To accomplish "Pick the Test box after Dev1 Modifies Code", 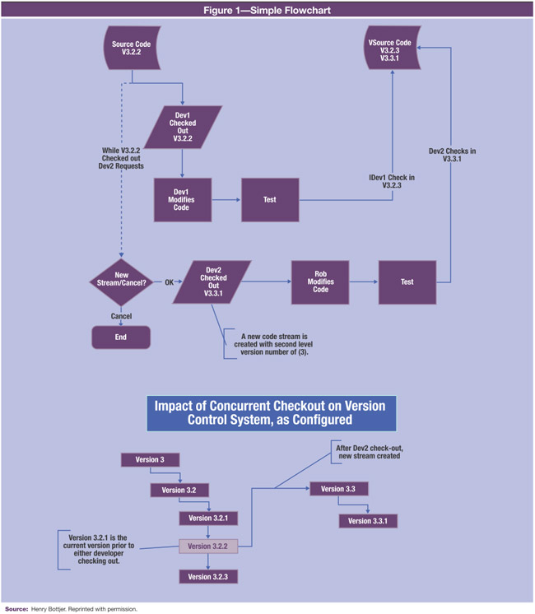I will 270,200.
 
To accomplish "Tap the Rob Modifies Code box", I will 320,283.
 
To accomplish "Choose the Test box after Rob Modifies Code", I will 407,282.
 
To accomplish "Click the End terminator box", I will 121,337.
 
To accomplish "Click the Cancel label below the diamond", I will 121,316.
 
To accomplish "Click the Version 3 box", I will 150,459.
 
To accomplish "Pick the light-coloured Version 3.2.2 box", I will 209,546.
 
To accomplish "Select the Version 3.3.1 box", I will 368,521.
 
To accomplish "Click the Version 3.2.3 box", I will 209,576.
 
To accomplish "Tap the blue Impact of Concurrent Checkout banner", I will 271,414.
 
